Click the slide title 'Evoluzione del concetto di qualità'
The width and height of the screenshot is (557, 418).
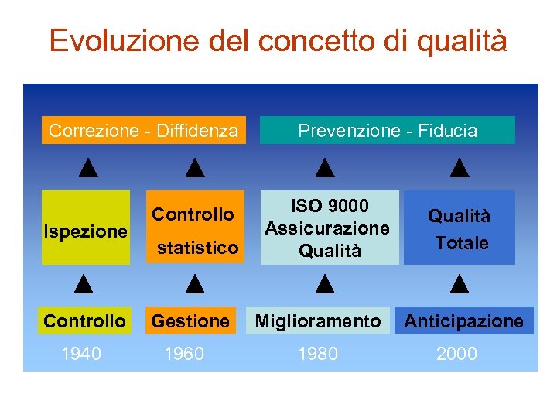(278, 40)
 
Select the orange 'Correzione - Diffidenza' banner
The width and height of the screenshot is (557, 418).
(143, 131)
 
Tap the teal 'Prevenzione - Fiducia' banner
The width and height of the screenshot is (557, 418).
(388, 131)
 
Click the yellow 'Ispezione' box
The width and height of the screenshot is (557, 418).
(85, 231)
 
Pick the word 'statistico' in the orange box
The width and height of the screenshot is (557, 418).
(197, 248)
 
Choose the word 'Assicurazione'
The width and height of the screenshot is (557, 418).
(327, 228)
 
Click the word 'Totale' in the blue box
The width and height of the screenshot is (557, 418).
(462, 243)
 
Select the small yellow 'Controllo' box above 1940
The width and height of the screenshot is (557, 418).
(84, 320)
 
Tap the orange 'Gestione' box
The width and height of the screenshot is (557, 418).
(190, 320)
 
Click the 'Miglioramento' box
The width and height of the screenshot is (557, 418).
(318, 320)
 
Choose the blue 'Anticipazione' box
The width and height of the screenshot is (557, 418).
(464, 320)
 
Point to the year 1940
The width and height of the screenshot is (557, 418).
(81, 354)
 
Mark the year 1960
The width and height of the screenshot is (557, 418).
(184, 354)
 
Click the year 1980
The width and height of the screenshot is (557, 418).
(318, 354)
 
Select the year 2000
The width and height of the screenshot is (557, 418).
(456, 354)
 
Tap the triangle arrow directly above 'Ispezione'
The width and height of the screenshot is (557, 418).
(87, 167)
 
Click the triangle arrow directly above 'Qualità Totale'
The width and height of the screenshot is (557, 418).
(460, 167)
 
